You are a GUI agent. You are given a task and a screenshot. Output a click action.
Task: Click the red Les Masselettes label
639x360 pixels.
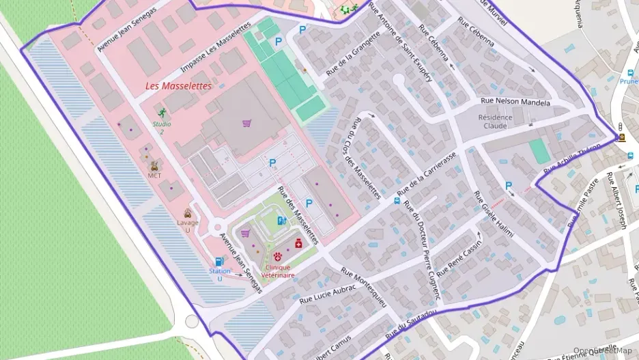[178, 87]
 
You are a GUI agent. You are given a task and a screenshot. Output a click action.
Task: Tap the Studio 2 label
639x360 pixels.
[162, 128]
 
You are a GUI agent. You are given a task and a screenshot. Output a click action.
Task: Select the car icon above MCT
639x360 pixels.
[154, 165]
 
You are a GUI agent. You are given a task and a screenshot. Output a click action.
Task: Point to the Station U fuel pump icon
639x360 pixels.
[219, 261]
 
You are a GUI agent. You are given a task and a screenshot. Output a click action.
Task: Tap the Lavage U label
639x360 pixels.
[188, 226]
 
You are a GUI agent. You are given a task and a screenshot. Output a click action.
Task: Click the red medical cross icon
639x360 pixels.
[298, 243]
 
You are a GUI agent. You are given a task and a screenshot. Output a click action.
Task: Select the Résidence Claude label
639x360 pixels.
[495, 121]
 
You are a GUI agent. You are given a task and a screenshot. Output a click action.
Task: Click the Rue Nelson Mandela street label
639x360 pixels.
[515, 102]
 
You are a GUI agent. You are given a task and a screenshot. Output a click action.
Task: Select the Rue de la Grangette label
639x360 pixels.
[352, 53]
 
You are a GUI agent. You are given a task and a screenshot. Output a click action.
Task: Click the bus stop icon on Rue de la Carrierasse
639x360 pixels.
[397, 201]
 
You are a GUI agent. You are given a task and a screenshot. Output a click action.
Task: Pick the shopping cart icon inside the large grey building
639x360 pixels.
[246, 123]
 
